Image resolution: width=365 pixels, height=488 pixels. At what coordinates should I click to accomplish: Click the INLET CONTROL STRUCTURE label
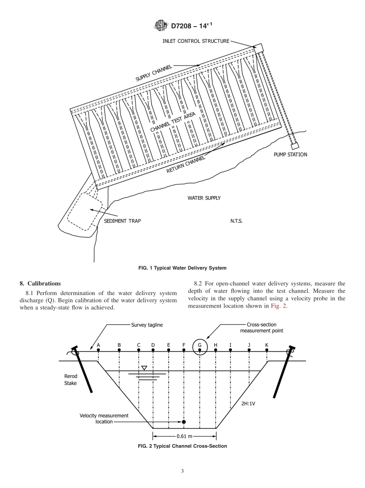196,41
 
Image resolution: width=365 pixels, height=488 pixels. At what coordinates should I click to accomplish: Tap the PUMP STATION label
290,155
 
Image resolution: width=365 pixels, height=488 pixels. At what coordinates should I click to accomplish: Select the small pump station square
295,146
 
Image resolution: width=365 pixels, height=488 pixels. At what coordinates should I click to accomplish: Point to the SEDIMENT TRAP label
123,221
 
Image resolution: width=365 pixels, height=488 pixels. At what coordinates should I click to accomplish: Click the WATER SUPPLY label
204,198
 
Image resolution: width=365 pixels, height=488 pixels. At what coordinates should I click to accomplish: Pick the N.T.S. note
236,221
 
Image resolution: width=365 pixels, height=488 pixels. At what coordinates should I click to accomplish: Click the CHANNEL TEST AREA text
173,122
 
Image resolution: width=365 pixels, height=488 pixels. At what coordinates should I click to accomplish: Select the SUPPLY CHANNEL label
154,73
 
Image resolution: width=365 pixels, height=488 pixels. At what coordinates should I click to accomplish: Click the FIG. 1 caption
182,268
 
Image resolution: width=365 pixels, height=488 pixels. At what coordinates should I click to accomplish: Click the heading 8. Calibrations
40,284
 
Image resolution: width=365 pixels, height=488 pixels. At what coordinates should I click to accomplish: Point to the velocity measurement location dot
184,422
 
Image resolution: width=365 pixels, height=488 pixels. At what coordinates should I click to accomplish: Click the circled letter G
200,345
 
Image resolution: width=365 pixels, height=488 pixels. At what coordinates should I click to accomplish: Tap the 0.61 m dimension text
184,436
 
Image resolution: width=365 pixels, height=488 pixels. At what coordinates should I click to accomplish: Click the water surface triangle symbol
144,368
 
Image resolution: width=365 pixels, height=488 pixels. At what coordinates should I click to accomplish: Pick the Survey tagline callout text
147,325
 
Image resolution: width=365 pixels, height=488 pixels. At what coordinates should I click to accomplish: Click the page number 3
182,471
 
